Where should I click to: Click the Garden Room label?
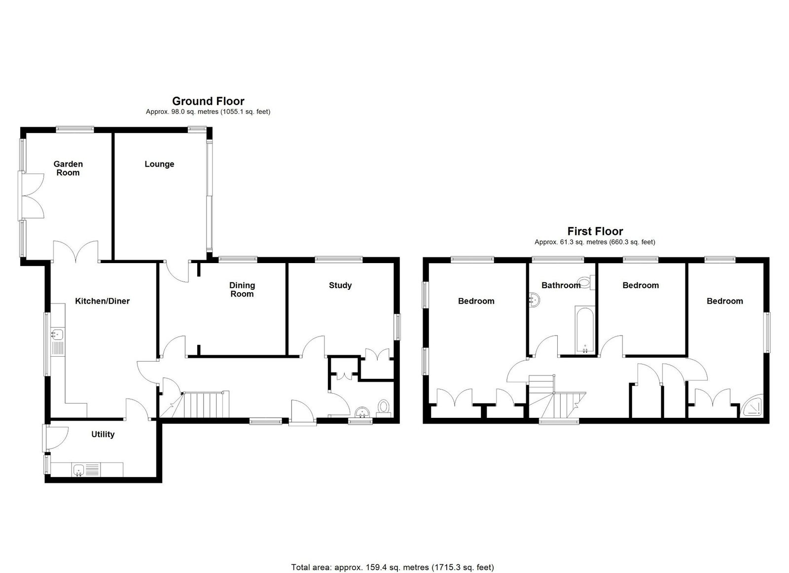click(x=68, y=168)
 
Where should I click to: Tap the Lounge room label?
click(x=159, y=164)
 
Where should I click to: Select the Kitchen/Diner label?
click(x=103, y=301)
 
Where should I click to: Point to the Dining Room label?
click(x=242, y=290)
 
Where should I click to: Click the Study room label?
click(x=340, y=285)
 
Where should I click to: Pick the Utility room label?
click(x=103, y=435)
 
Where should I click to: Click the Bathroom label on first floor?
click(x=561, y=285)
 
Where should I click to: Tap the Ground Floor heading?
click(x=208, y=101)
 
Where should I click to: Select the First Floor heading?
click(x=595, y=231)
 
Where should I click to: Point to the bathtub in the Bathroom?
click(x=585, y=330)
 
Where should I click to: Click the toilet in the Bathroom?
click(x=587, y=282)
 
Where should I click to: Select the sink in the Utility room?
click(x=78, y=470)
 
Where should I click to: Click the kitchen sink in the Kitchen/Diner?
click(x=57, y=334)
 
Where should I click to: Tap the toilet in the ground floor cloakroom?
click(x=383, y=407)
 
